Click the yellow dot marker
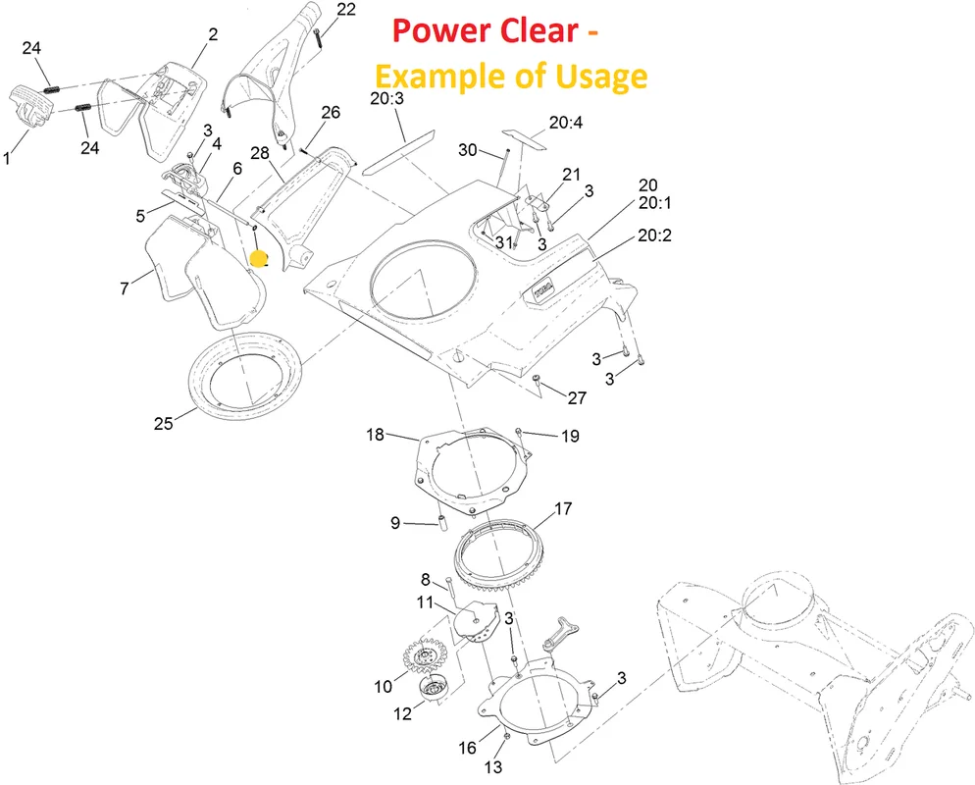258,259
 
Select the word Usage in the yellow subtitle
600,78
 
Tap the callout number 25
163,423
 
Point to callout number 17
563,509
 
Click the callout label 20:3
386,98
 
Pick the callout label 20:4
565,123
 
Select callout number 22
346,10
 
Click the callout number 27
577,397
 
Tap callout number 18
375,434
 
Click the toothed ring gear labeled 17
497,554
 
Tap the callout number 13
492,767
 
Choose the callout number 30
468,150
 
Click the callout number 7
125,288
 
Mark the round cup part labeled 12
433,688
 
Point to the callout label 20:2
655,235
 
